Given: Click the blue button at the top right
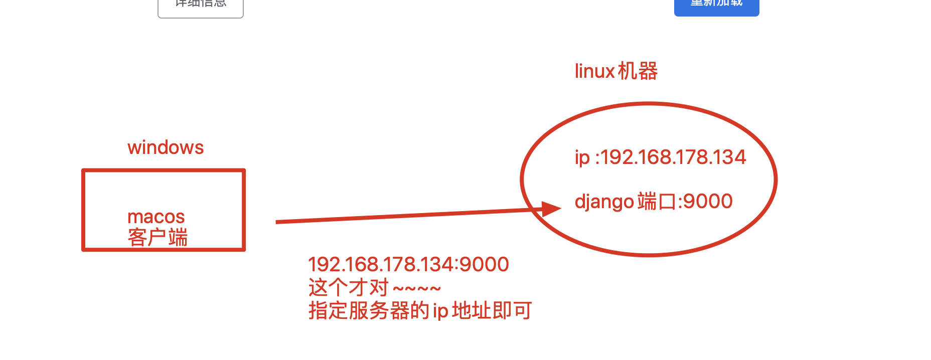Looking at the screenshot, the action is (716, 6).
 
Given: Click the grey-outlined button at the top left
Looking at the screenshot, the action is (201, 7).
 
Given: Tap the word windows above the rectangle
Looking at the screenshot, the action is (166, 148).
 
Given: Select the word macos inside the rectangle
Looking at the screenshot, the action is (156, 217).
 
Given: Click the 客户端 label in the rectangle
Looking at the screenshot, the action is (158, 237).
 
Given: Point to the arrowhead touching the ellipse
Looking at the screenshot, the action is (551, 209).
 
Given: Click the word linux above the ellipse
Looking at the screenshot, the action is (594, 72).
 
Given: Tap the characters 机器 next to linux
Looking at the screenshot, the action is (638, 71).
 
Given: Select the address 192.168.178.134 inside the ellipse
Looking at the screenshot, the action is (673, 157).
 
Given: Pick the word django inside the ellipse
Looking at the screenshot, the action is (604, 202).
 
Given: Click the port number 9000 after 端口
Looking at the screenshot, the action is (708, 202).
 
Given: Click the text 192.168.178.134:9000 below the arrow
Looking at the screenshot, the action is (408, 264).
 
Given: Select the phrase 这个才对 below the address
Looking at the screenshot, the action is (349, 288).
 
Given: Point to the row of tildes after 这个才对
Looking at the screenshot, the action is (417, 289).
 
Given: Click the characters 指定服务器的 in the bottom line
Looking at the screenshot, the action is (369, 311).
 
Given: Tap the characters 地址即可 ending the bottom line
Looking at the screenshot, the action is (492, 311).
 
